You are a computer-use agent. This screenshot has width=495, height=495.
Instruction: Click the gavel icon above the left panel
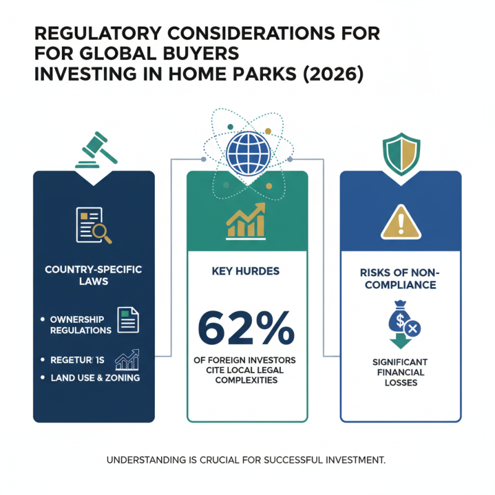click(x=93, y=150)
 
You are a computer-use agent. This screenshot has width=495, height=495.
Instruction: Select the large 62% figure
click(x=246, y=327)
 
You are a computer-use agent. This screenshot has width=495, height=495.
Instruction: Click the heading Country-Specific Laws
click(x=93, y=276)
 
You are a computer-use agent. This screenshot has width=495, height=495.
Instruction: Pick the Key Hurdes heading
click(x=246, y=272)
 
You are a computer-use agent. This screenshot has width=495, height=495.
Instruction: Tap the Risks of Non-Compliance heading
click(x=400, y=279)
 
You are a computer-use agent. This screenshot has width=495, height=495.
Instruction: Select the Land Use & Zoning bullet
click(x=92, y=377)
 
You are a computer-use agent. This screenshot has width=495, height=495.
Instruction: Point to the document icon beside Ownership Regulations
click(x=128, y=321)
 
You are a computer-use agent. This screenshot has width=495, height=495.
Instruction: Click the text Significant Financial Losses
click(x=400, y=372)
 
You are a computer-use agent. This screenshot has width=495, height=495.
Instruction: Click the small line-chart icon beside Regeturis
click(x=128, y=359)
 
